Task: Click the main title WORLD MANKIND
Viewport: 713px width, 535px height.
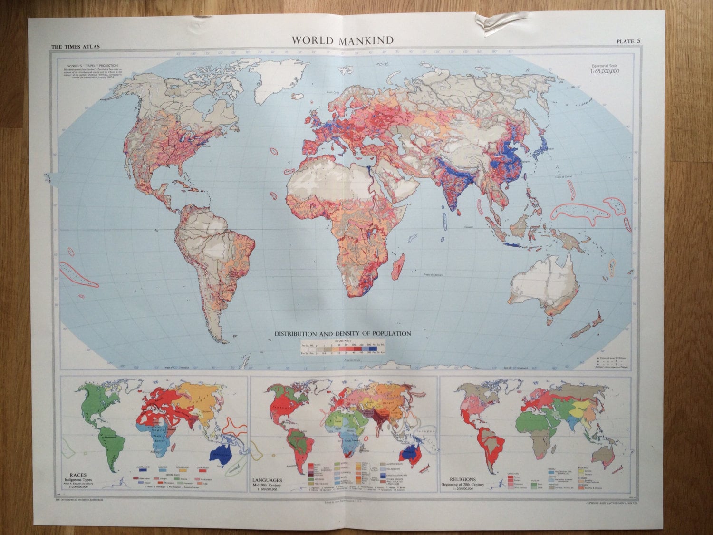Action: click(342, 40)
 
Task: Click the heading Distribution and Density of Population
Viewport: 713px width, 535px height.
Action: click(343, 334)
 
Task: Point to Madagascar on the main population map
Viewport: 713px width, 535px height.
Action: click(398, 267)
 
